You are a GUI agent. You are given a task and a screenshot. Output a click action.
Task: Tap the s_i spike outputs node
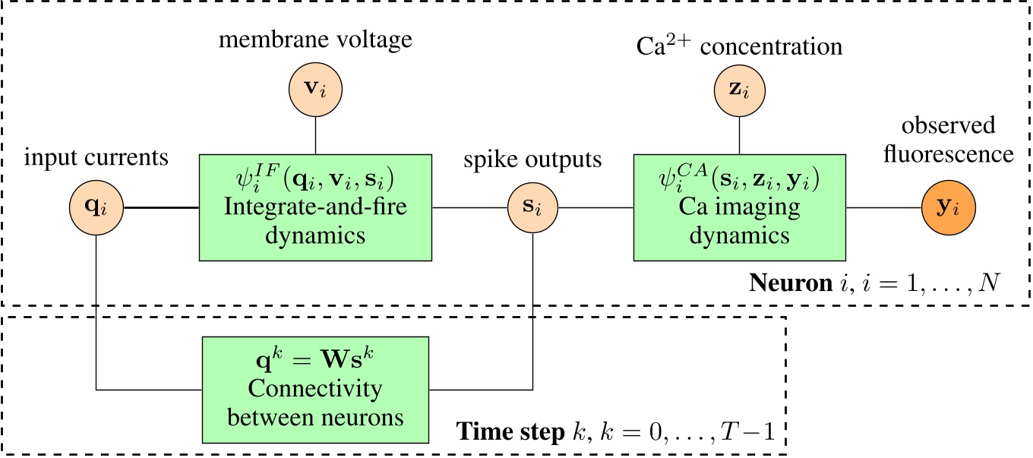[x=533, y=207]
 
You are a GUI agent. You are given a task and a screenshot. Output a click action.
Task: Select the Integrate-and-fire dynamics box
[x=315, y=207]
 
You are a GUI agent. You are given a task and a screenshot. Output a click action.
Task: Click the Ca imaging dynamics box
[x=740, y=207]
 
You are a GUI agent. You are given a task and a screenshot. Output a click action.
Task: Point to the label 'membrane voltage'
[x=315, y=39]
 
